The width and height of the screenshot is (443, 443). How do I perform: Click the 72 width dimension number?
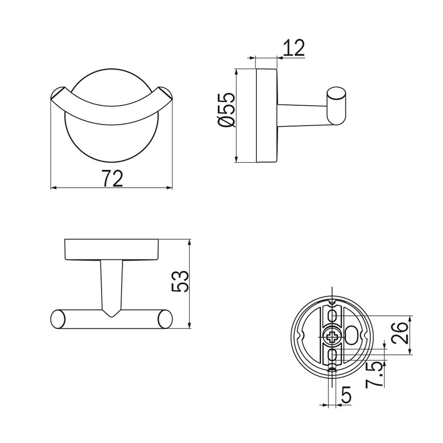[x=112, y=179]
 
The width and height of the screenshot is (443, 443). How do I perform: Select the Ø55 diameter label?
[x=228, y=110]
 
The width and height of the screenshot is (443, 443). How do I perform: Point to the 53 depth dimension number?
[x=179, y=282]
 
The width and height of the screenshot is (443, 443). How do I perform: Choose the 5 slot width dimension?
[x=346, y=395]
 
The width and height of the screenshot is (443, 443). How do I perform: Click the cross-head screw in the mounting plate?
[x=333, y=337]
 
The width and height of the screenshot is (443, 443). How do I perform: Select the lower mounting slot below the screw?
[x=333, y=357]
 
